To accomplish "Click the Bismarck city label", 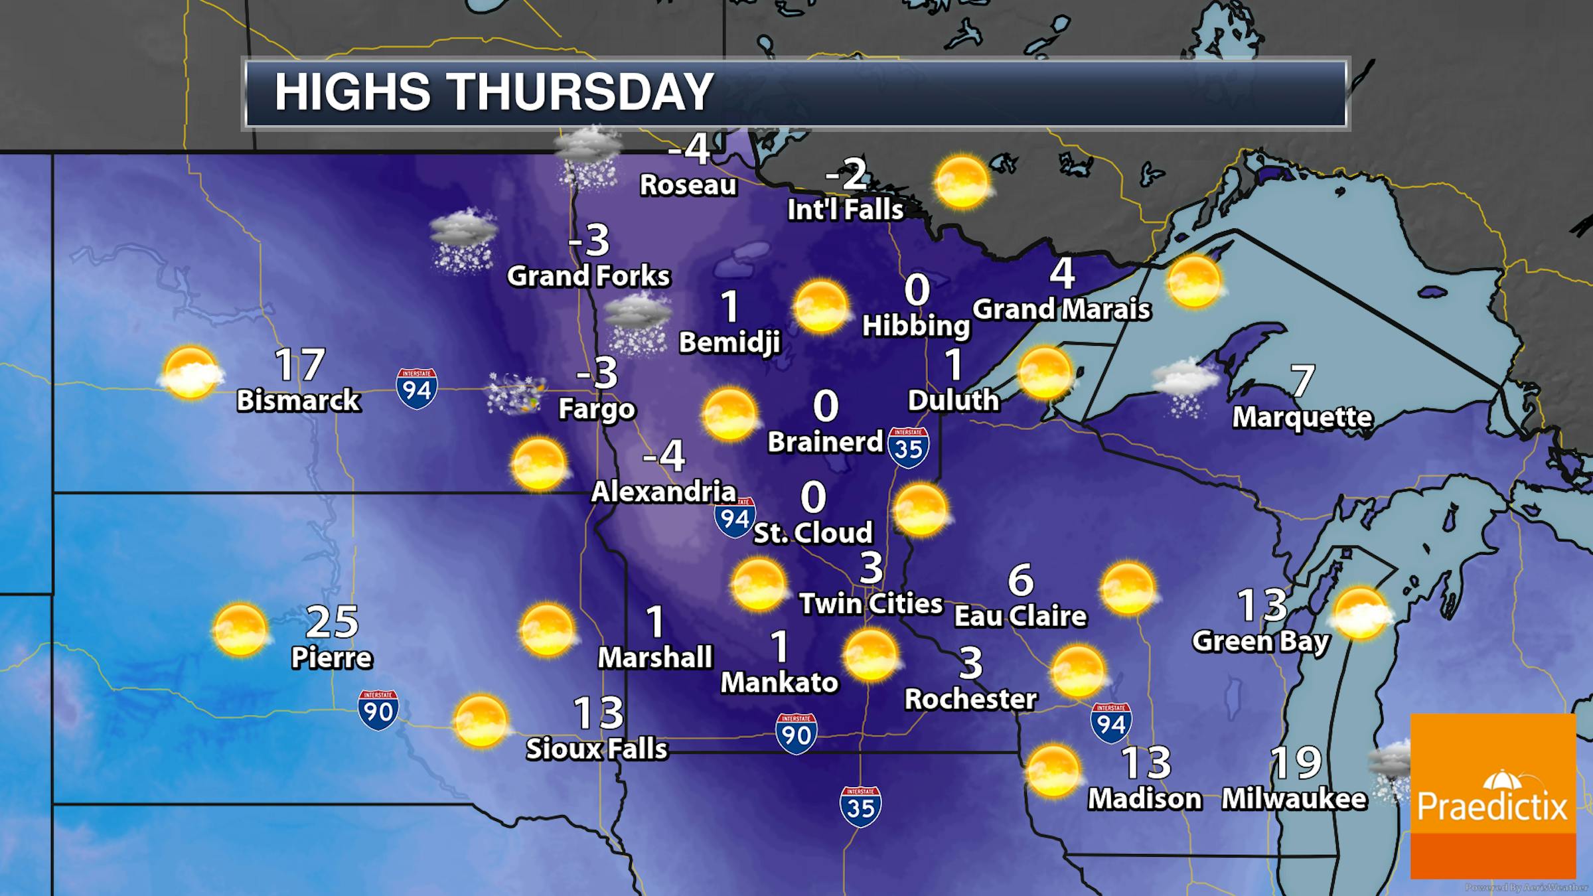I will tap(299, 401).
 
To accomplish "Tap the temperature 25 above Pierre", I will tap(332, 621).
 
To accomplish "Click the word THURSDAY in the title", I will tap(582, 92).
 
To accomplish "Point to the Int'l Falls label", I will tap(846, 210).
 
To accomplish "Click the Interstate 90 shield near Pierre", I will tap(378, 710).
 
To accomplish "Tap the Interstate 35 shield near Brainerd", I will tap(908, 447).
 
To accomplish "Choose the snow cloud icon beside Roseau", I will tap(588, 157).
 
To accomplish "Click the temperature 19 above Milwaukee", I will tap(1296, 763).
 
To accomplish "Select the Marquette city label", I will tap(1302, 417).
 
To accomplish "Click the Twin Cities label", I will tap(871, 604).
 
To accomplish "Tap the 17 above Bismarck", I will tap(300, 365).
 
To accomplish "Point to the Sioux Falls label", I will tap(597, 749).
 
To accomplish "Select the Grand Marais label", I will tap(1062, 309).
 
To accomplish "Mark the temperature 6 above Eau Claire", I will tap(1021, 580).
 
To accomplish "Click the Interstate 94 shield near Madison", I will tap(1111, 723).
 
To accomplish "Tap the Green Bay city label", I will tap(1261, 642).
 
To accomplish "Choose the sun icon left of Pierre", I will tap(240, 630).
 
